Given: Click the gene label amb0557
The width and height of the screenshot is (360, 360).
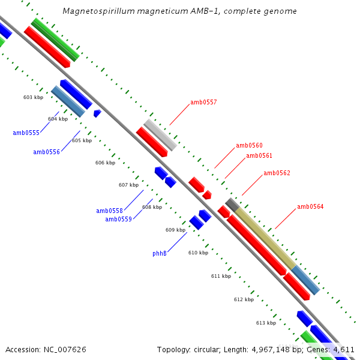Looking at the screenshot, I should (x=203, y=103).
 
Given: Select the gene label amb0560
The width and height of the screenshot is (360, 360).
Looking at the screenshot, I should (x=249, y=146).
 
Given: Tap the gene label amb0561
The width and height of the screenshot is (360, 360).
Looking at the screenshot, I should (x=259, y=156).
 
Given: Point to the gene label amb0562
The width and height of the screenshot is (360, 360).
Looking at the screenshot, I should (x=277, y=173).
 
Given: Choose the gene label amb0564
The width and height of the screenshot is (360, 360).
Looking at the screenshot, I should (x=310, y=207).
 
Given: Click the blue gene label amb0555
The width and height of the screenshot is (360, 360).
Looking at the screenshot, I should (x=26, y=133).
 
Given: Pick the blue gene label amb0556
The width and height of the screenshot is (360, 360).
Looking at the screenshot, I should (x=46, y=152).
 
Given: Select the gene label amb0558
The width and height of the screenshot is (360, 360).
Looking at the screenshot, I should (x=109, y=211).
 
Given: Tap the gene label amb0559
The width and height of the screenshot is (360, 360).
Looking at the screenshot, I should (x=118, y=220).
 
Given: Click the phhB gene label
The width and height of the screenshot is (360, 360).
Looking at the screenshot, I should (x=159, y=254).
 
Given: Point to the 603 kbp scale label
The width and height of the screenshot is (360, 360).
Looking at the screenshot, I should (x=33, y=97).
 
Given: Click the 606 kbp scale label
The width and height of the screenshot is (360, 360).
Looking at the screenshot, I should (x=105, y=163).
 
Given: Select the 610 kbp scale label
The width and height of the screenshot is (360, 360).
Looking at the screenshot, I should (x=198, y=253).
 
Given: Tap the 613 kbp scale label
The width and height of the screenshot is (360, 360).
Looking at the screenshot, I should (x=266, y=323).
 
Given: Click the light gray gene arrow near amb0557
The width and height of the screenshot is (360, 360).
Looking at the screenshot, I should (x=160, y=135).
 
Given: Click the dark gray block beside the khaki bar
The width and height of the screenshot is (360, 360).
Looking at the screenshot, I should (x=232, y=204).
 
